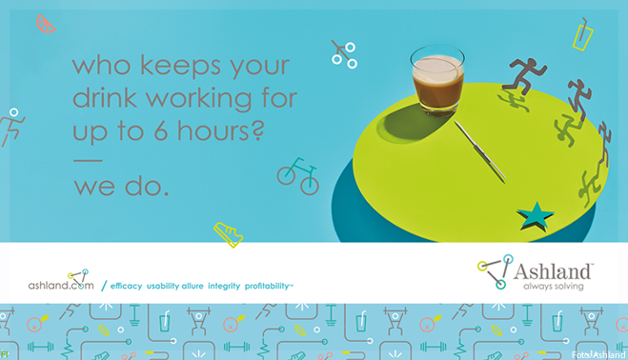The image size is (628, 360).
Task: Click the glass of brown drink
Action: pos(437,80)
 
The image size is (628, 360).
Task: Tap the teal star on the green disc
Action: pos(535,216)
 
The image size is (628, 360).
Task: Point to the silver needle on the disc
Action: pos(479,151)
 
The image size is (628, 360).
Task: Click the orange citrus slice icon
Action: pos(45,24)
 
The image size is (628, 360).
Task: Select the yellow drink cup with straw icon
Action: pos(583,35)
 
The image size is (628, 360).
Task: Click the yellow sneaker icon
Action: pos(228,234)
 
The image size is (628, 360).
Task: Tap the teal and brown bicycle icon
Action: pos(298,176)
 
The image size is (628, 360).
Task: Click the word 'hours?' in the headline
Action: pos(221,130)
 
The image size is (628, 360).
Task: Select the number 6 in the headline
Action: pos(161,130)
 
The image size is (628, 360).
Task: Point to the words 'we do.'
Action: pos(121,187)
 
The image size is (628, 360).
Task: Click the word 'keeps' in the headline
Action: pos(180,66)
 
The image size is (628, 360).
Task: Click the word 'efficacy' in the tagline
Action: pos(126,286)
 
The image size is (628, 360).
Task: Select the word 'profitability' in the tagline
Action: pos(269,286)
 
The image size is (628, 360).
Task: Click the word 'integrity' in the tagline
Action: pos(224,286)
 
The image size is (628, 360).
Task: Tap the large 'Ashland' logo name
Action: pos(553,271)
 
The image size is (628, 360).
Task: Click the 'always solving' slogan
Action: pos(554,286)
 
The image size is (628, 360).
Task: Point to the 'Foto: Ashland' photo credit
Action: pos(598,354)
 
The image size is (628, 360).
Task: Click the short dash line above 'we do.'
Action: pos(88,161)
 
